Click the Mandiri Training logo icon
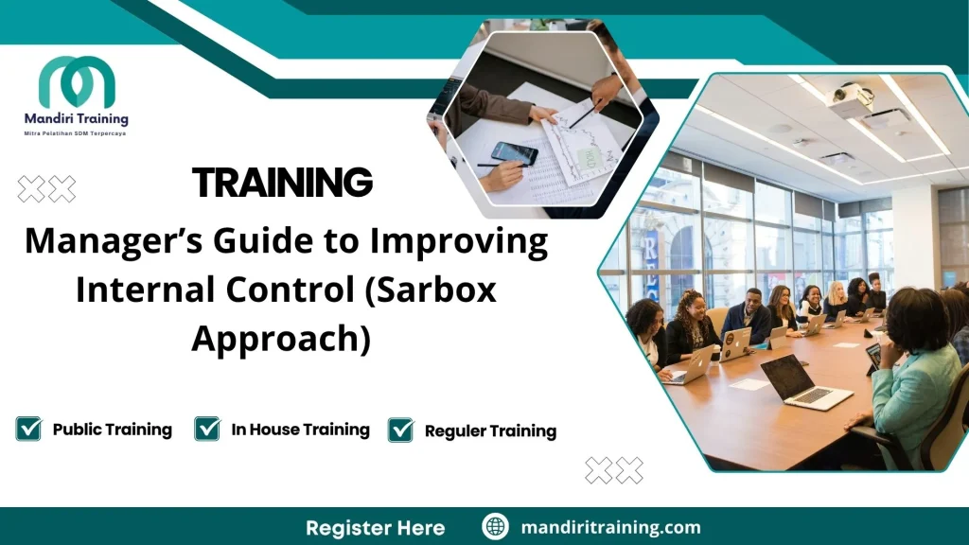point(77,82)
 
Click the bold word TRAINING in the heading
point(282,182)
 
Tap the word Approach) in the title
point(281,338)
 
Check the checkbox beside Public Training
point(28,430)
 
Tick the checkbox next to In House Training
point(207,430)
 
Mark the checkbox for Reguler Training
point(401,431)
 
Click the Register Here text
point(375,527)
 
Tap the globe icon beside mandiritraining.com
point(495,527)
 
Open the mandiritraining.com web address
point(610,527)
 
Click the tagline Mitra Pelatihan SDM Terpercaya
point(76,133)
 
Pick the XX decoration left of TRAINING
point(46,189)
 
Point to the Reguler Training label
point(490,431)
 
